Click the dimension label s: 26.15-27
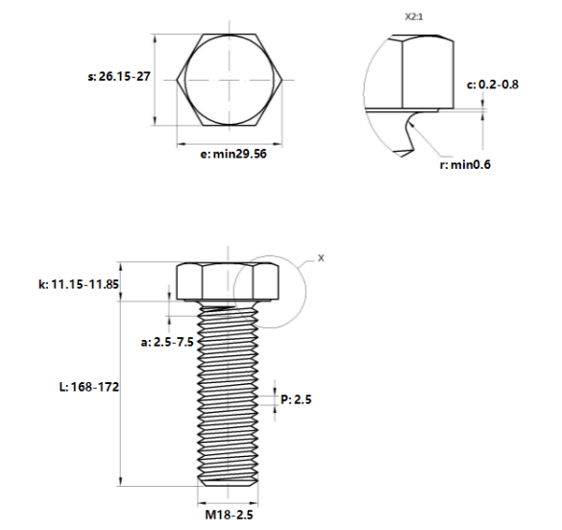tap(119, 76)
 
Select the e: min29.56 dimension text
tap(233, 154)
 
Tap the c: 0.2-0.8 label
tap(493, 84)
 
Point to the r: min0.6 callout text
tap(465, 165)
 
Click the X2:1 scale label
tap(414, 17)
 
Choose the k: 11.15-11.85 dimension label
tap(79, 284)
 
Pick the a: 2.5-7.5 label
tap(167, 342)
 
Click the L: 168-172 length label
tap(89, 387)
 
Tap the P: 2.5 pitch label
tap(296, 399)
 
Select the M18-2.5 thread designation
tap(229, 515)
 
